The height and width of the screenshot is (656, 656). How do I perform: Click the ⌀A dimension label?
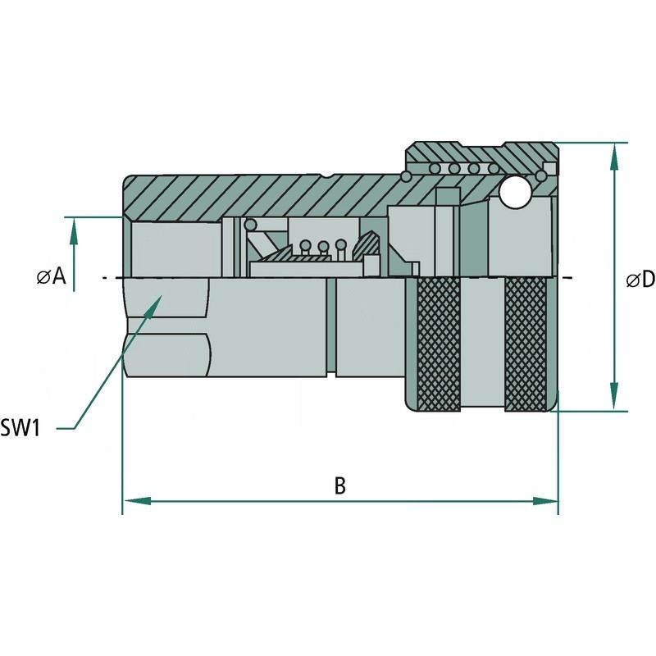[x=51, y=277]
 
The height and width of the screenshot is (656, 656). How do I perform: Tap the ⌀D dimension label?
[x=640, y=280]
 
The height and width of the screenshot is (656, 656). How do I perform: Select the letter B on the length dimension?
[x=339, y=485]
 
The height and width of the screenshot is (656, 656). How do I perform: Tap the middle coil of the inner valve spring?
[x=323, y=245]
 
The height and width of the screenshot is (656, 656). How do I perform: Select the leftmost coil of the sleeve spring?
[x=434, y=168]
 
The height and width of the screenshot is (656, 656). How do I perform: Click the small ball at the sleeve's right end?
[x=541, y=175]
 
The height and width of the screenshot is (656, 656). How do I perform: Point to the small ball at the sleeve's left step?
[x=405, y=176]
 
